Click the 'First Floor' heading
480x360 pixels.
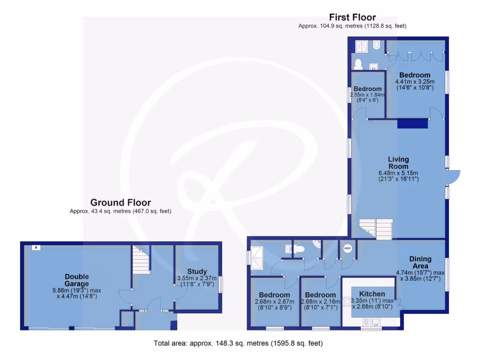tap(352, 18)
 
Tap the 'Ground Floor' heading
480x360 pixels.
tap(120, 202)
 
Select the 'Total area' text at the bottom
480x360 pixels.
tap(238, 343)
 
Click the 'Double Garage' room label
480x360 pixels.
tap(77, 280)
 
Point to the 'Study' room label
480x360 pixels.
tap(196, 271)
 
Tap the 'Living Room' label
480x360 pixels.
tap(398, 163)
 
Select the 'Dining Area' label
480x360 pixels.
tap(420, 262)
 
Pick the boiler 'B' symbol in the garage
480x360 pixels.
tap(35, 247)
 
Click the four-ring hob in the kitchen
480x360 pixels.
tap(347, 301)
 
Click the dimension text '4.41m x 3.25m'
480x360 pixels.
tap(414, 81)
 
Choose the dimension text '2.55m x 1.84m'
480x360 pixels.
tap(367, 95)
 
